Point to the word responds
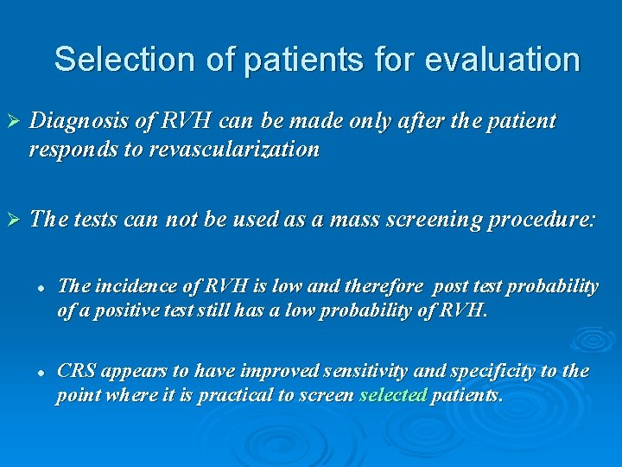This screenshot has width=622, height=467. [x=70, y=150]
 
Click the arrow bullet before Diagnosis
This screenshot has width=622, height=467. [x=11, y=122]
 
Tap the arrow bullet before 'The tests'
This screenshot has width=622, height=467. [x=11, y=220]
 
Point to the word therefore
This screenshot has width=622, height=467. [x=385, y=286]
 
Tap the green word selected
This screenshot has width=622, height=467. [x=393, y=395]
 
